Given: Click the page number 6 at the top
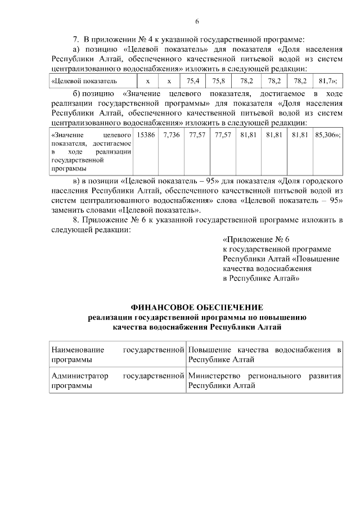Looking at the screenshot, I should (x=197, y=21).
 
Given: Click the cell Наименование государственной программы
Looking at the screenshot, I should (x=118, y=355).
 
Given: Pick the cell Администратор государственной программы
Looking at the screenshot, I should (x=118, y=380).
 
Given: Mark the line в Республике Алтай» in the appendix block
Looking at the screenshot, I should (x=261, y=278).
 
